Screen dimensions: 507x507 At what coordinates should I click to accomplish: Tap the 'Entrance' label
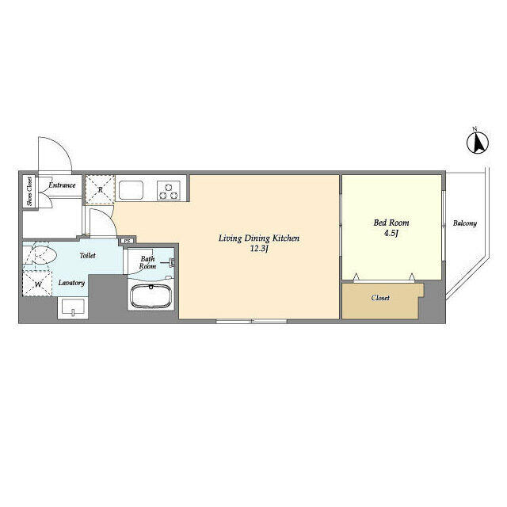tap(62, 185)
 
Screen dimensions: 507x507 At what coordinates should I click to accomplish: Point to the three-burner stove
tap(169, 190)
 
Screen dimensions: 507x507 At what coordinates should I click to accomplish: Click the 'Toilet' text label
tap(87, 256)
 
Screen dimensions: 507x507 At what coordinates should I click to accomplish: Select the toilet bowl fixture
tap(40, 257)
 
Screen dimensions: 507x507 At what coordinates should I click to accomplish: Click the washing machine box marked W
tap(37, 284)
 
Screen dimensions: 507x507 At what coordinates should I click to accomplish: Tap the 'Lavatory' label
tap(71, 282)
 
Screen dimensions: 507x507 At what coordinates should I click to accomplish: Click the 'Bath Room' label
tap(148, 262)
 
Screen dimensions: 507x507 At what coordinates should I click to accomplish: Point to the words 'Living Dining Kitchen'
tap(260, 238)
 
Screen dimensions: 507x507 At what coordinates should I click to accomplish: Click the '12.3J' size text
tap(260, 250)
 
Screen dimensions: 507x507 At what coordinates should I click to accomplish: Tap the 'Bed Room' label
tap(390, 223)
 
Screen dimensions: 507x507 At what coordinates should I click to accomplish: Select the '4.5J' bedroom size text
tap(390, 234)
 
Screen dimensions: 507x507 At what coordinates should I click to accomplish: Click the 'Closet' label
tap(381, 299)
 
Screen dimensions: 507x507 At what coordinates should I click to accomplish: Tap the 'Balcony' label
tap(465, 223)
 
